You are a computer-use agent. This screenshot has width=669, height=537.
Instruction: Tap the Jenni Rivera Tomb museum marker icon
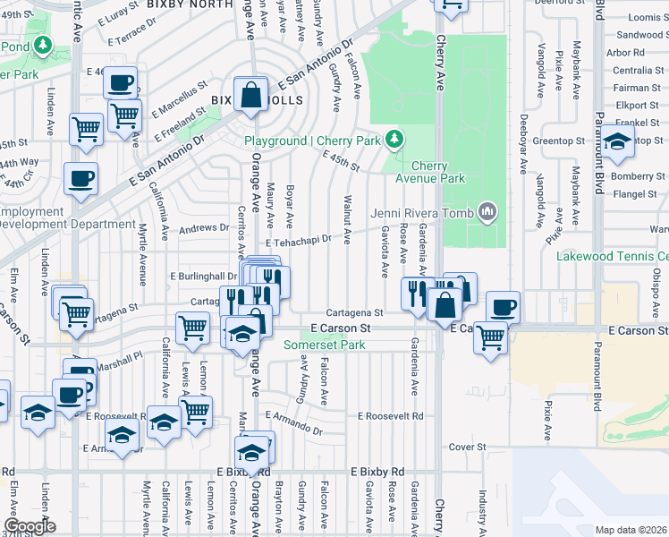[x=487, y=212]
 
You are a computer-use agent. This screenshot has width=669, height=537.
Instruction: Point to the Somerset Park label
[x=325, y=345]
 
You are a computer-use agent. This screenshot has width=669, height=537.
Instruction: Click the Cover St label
[x=467, y=447]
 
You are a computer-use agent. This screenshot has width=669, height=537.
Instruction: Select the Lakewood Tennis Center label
[x=612, y=256]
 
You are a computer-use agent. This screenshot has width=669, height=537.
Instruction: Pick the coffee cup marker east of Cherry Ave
[x=502, y=306]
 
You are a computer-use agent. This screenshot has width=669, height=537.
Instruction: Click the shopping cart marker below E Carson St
[x=490, y=337]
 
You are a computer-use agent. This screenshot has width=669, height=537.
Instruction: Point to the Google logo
[x=30, y=526]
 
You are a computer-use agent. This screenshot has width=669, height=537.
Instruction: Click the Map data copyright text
[x=631, y=530]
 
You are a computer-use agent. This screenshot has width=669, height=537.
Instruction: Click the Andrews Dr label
[x=205, y=228]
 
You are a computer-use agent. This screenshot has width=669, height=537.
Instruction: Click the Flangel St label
[x=635, y=192]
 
